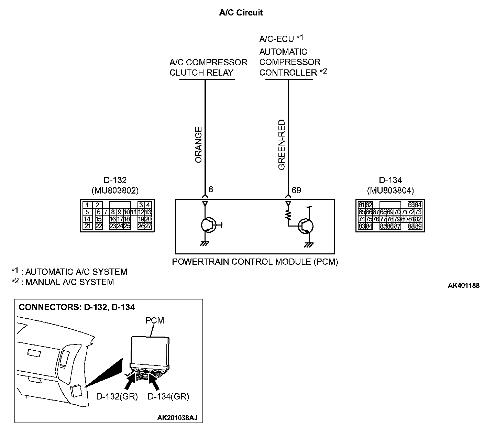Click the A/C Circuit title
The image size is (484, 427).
(241, 13)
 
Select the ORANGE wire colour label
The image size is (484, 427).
(199, 145)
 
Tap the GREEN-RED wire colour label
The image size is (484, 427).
(282, 145)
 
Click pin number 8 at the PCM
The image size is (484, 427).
(211, 189)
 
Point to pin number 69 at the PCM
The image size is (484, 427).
(296, 190)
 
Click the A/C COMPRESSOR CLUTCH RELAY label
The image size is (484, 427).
(208, 67)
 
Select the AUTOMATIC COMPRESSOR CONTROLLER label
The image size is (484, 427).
(290, 62)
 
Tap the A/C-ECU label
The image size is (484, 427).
(277, 39)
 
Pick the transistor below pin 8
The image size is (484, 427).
(208, 225)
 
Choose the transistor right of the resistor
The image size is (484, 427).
(306, 226)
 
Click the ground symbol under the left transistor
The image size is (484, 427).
(205, 244)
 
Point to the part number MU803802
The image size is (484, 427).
(115, 190)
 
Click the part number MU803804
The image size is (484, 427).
(390, 190)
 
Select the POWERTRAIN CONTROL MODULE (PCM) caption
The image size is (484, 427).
(255, 262)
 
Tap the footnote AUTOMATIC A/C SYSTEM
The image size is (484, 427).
(76, 272)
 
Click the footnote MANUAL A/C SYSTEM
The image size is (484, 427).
(69, 282)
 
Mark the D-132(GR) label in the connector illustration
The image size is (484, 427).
(117, 396)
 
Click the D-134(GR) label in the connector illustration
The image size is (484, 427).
(168, 396)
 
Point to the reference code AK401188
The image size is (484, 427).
(463, 285)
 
